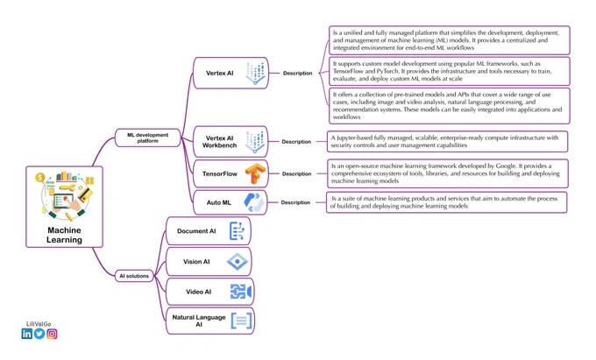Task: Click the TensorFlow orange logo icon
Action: click(255, 173)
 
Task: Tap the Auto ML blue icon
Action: click(254, 202)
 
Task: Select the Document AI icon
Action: click(238, 231)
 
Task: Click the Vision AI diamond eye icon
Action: click(238, 262)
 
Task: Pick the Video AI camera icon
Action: click(241, 292)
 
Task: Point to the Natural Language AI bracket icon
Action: click(241, 321)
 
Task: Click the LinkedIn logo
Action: click(26, 334)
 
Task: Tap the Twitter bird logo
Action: click(39, 334)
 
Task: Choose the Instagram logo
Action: click(52, 334)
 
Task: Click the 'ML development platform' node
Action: click(147, 138)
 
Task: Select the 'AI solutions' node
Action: click(134, 276)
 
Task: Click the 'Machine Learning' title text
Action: click(64, 235)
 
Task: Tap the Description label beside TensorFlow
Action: click(296, 174)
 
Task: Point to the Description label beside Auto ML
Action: click(295, 203)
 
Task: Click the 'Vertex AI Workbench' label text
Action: click(219, 142)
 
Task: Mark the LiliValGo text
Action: click(39, 324)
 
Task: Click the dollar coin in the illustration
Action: click(40, 177)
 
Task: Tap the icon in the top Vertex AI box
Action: click(255, 74)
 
